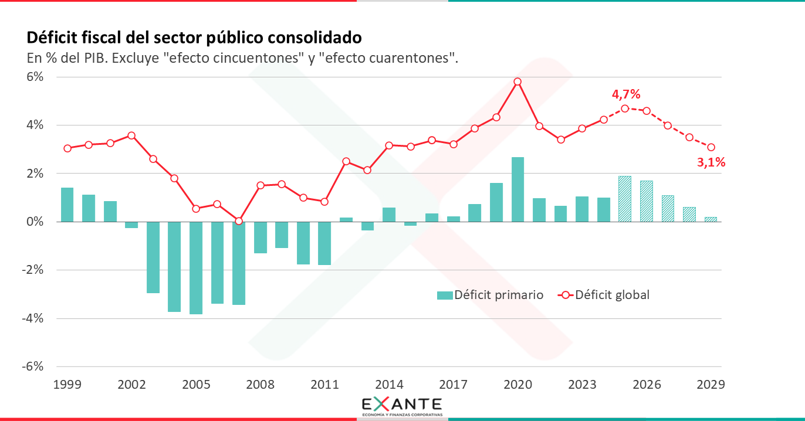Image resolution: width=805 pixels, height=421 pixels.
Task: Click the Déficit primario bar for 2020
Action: pyautogui.click(x=517, y=189)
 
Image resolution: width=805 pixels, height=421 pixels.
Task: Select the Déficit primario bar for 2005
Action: pyautogui.click(x=196, y=267)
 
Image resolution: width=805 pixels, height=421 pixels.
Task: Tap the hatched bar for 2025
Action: pyautogui.click(x=625, y=199)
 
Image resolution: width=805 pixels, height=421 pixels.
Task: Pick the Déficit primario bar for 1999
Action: pyautogui.click(x=67, y=205)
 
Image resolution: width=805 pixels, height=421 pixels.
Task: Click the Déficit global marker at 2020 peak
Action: pyautogui.click(x=517, y=82)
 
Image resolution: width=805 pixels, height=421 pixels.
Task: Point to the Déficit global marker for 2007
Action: pyautogui.click(x=239, y=221)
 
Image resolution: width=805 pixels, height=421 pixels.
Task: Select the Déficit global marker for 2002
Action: pyautogui.click(x=131, y=135)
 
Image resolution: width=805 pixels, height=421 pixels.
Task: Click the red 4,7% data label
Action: pyautogui.click(x=626, y=94)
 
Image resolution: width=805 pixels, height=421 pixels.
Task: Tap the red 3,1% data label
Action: pyautogui.click(x=711, y=163)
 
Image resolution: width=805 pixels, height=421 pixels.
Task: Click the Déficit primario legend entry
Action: pyautogui.click(x=491, y=295)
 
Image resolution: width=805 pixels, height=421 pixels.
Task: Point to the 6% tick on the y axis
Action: pyautogui.click(x=34, y=77)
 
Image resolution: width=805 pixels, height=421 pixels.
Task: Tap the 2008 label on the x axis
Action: pyautogui.click(x=260, y=385)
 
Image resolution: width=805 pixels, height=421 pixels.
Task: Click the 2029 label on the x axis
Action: pyautogui.click(x=711, y=385)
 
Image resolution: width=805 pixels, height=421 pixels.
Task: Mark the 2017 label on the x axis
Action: pyautogui.click(x=454, y=385)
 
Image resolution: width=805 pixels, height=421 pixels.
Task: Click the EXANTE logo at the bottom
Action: pyautogui.click(x=402, y=406)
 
